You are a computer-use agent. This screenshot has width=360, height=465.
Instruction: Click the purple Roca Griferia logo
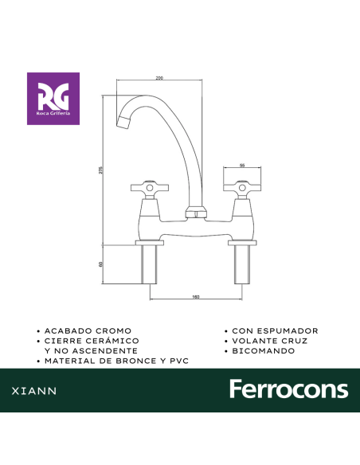click(53, 99)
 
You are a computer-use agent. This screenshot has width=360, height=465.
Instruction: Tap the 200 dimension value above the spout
click(159, 78)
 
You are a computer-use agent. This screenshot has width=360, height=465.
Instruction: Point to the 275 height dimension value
click(100, 170)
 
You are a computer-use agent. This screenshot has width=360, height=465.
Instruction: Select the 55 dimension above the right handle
click(242, 166)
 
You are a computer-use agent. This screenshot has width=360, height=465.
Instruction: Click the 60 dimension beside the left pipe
click(100, 264)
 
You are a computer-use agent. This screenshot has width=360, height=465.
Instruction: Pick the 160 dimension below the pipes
click(196, 297)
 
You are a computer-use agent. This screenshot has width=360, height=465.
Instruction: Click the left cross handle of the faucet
click(150, 188)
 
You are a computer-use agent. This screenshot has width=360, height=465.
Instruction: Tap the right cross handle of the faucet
click(242, 188)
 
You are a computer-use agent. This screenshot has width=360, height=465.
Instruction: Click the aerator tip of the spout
click(123, 122)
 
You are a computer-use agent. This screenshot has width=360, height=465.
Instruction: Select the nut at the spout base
click(195, 212)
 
